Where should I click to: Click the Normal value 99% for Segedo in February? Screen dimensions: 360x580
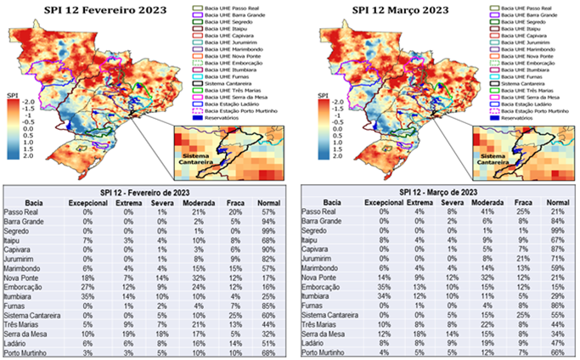[267, 230]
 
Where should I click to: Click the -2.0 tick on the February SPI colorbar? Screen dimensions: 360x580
[25, 99]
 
